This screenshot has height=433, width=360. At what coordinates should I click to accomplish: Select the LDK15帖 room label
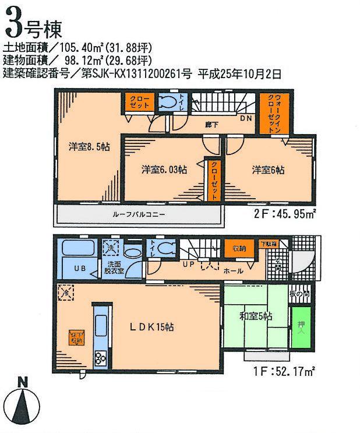click(x=151, y=327)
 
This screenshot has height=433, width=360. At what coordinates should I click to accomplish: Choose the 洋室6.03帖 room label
click(x=164, y=170)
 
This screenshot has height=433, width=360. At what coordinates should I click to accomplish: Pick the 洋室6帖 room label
click(x=268, y=170)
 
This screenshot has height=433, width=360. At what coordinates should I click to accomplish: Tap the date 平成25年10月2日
click(x=240, y=73)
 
